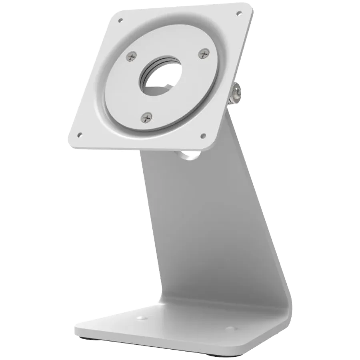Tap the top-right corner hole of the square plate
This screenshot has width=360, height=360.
tap(239, 12)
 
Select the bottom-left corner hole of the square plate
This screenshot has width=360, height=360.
tap(80, 134)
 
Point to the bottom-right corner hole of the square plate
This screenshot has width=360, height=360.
tap(203, 136)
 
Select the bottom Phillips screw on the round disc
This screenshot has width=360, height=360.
tap(147, 117)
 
